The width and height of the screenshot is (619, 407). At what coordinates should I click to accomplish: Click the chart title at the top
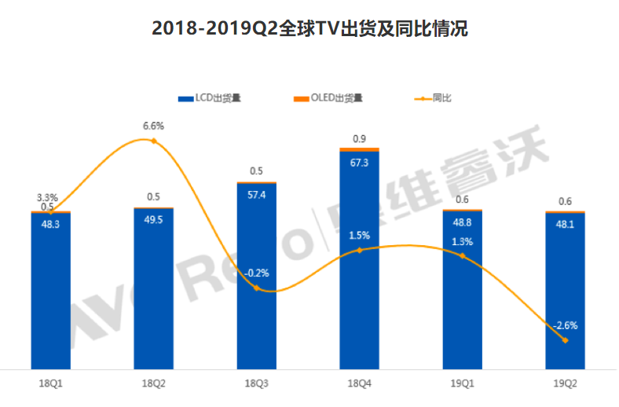pyautogui.click(x=309, y=30)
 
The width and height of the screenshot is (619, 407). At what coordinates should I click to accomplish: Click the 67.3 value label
pyautogui.click(x=359, y=163)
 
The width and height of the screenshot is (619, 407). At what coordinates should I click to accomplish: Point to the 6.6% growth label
pyautogui.click(x=153, y=126)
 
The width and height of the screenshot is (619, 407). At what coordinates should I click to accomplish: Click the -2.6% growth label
pyautogui.click(x=565, y=325)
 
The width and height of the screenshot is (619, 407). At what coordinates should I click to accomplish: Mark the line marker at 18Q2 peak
pyautogui.click(x=153, y=141)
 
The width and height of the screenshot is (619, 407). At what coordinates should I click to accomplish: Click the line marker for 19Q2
pyautogui.click(x=565, y=340)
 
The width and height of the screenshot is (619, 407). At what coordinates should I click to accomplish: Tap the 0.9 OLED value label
pyautogui.click(x=359, y=138)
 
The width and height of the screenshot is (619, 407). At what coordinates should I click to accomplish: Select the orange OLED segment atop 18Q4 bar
pyautogui.click(x=359, y=149)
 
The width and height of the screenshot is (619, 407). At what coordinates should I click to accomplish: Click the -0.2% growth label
pyautogui.click(x=256, y=273)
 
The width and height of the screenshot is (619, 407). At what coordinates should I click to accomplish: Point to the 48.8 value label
pyautogui.click(x=462, y=223)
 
